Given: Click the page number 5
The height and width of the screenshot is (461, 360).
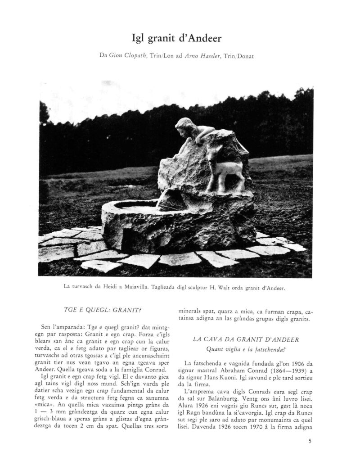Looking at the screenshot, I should pos(310,441).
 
